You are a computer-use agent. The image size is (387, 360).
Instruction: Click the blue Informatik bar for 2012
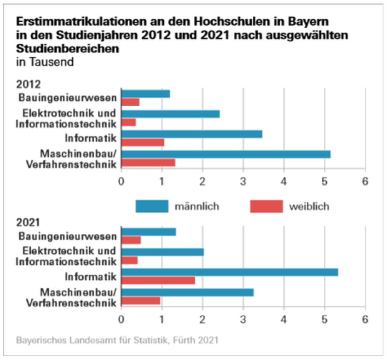click(191, 134)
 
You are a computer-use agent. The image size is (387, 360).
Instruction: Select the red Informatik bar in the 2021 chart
click(158, 280)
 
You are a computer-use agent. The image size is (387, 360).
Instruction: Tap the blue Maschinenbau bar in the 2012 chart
click(226, 154)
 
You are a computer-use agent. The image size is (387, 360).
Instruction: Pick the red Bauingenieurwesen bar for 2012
click(130, 102)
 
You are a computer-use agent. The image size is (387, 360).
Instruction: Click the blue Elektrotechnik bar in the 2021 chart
click(162, 252)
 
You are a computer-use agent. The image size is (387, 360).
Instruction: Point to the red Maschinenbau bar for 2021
click(141, 301)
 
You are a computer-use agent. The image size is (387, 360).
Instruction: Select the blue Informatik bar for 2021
click(230, 272)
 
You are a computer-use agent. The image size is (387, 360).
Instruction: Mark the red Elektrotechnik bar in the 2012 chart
click(129, 122)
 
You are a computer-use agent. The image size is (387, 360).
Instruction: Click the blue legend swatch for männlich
click(152, 206)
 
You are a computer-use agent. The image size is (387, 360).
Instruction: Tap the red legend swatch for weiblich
click(266, 206)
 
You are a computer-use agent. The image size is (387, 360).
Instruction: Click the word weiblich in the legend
click(309, 206)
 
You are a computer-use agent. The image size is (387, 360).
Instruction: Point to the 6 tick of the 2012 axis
click(365, 181)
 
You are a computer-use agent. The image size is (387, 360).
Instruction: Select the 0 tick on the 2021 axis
click(121, 319)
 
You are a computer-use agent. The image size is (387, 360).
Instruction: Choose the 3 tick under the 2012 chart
click(243, 181)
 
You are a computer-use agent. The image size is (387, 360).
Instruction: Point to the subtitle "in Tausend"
click(45, 62)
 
